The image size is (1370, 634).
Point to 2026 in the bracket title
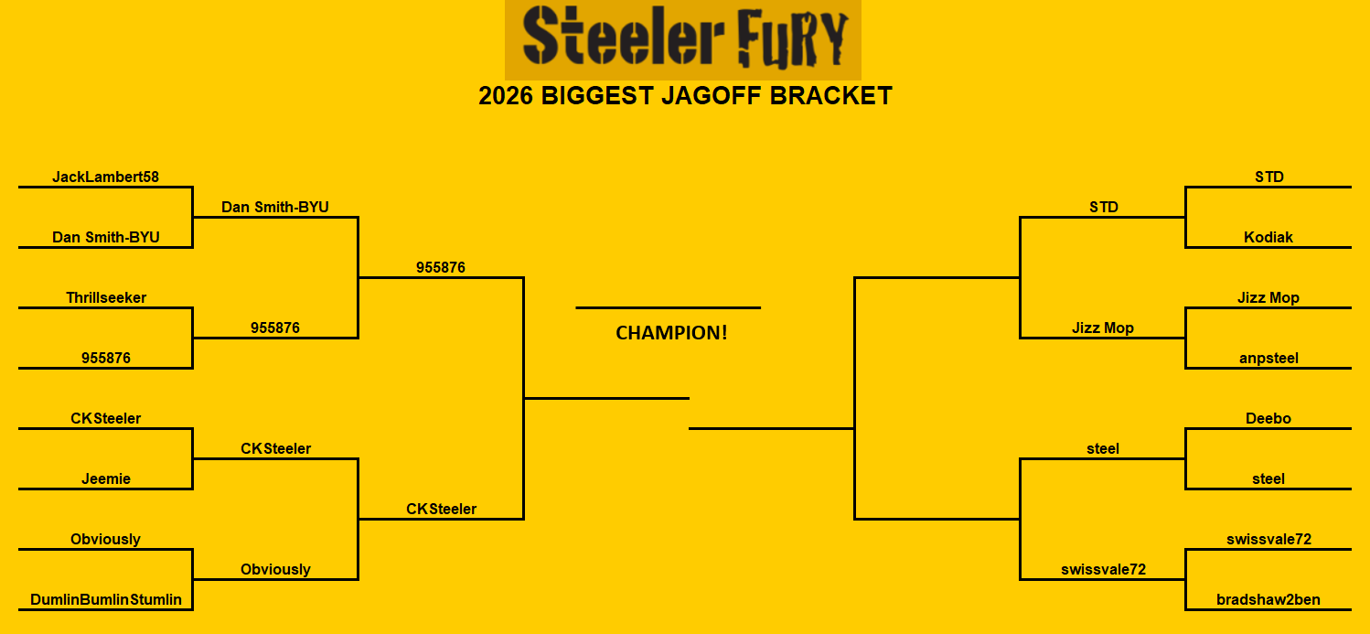click(507, 96)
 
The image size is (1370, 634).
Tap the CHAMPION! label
click(671, 333)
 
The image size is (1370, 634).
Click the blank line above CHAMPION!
click(668, 307)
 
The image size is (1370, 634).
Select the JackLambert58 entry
click(105, 177)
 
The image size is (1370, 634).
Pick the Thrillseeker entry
click(106, 297)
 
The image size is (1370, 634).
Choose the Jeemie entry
click(106, 478)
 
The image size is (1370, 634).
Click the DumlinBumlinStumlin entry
click(106, 599)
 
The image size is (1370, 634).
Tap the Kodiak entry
click(1268, 237)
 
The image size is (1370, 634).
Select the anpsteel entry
click(1268, 358)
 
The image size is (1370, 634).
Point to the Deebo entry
click(1268, 418)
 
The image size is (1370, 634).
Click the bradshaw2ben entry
click(1268, 599)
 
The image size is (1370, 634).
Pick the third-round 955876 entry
click(441, 267)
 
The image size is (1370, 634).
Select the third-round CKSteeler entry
click(441, 509)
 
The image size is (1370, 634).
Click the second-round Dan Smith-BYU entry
click(275, 207)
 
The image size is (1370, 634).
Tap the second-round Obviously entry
click(275, 569)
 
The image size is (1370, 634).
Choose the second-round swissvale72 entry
click(1103, 569)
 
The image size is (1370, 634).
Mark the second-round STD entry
click(1103, 207)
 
